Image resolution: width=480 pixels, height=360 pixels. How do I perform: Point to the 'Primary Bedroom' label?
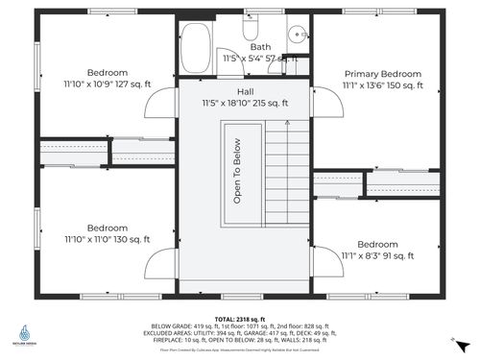382,74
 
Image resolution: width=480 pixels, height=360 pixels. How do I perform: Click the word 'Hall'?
245,91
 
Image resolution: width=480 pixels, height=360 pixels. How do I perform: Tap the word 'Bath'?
260,46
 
